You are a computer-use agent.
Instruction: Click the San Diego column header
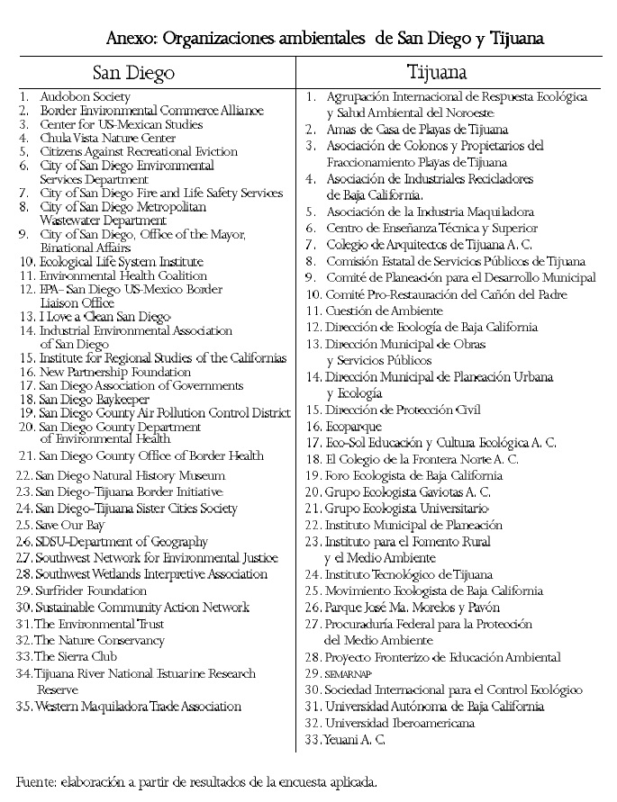pos(133,72)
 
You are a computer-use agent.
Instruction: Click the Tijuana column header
pos(436,72)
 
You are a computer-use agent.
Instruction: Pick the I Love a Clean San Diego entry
pos(104,317)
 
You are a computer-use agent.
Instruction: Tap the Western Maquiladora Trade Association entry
pos(138,707)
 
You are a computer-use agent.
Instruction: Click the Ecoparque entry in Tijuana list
pos(353,426)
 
